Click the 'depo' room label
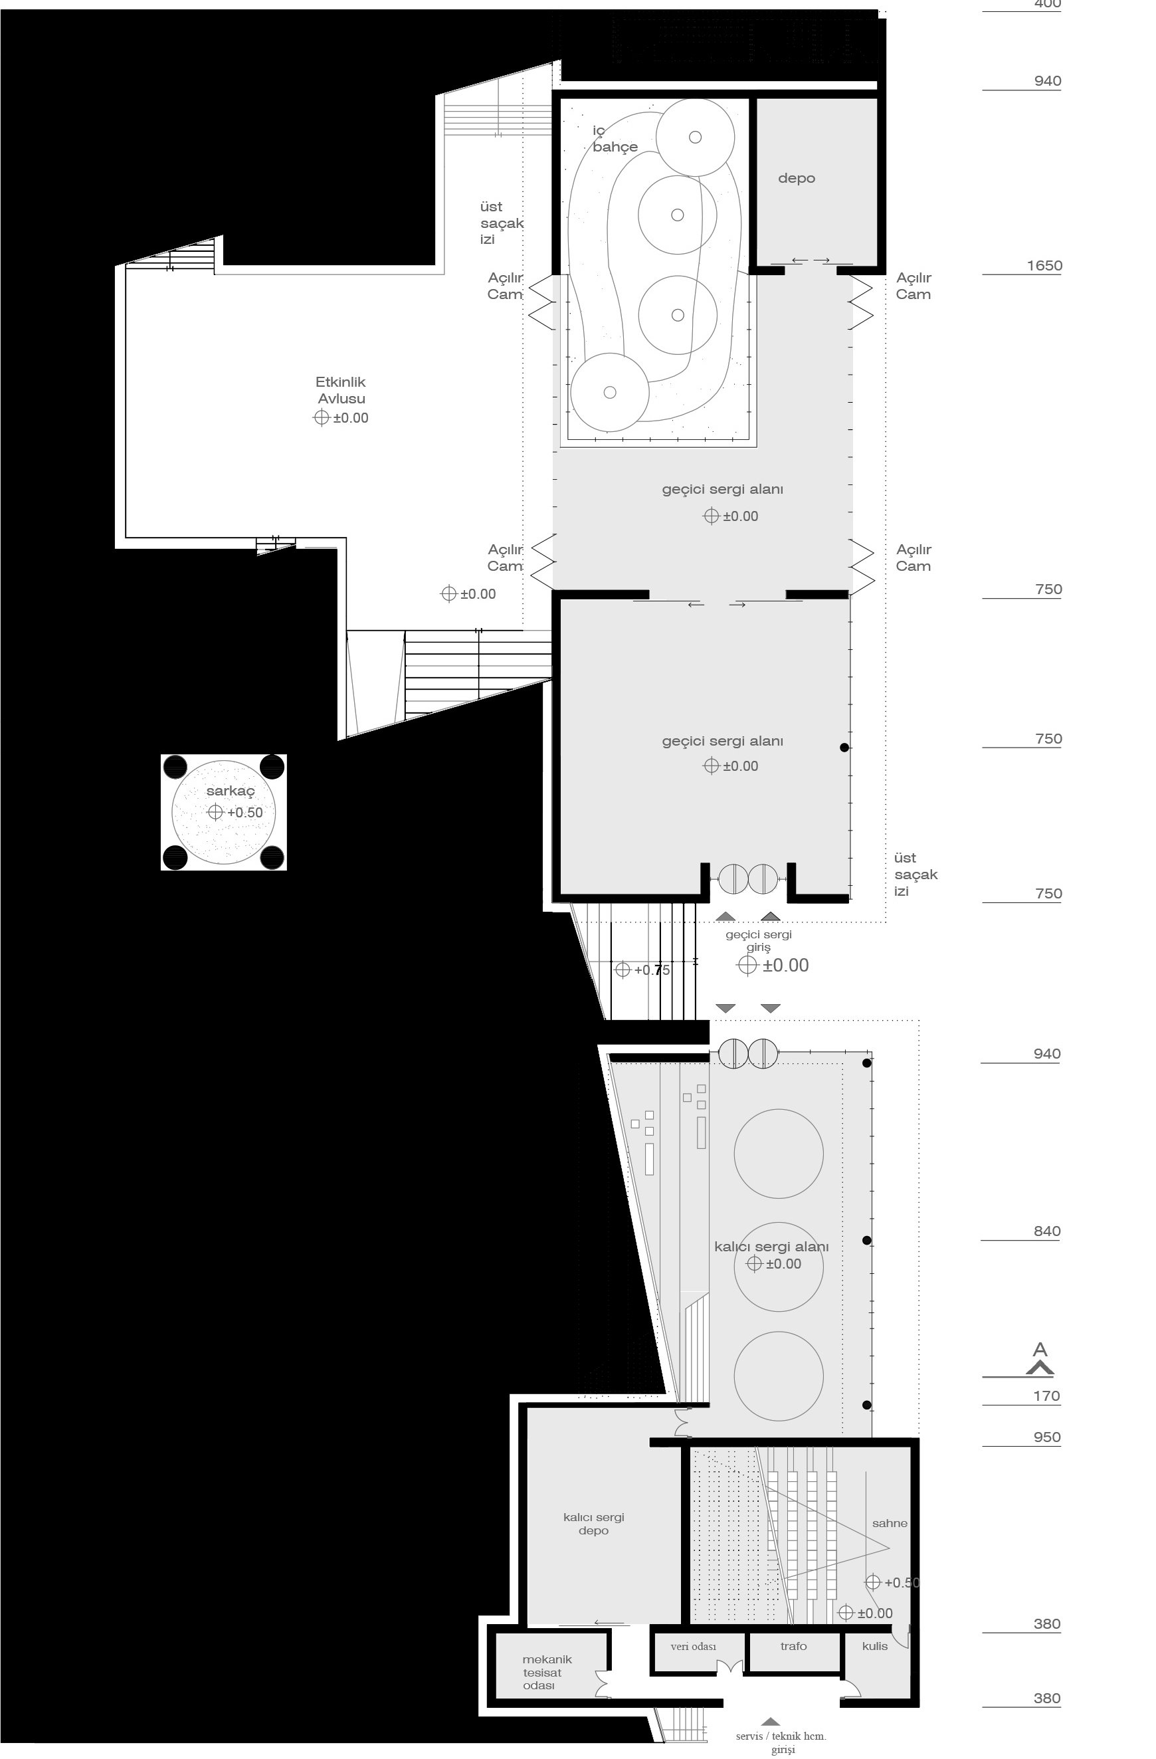tap(796, 178)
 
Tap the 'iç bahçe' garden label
tap(613, 139)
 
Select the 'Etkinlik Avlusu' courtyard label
tap(341, 390)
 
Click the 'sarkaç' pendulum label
tap(230, 791)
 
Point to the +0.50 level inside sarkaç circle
tap(244, 812)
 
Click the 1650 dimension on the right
tap(1044, 265)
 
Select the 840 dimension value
tap(1046, 1231)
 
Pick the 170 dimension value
tap(1046, 1396)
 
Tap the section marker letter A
tap(1039, 1350)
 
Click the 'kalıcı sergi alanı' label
tap(771, 1246)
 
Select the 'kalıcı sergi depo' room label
tap(593, 1523)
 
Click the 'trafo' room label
tap(793, 1646)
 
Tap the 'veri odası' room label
tap(694, 1646)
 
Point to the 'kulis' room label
tap(874, 1646)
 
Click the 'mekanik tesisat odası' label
tap(546, 1672)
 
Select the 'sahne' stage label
tap(889, 1523)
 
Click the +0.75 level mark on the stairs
tap(651, 970)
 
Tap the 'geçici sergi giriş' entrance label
tap(758, 940)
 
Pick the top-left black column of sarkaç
tap(175, 767)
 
